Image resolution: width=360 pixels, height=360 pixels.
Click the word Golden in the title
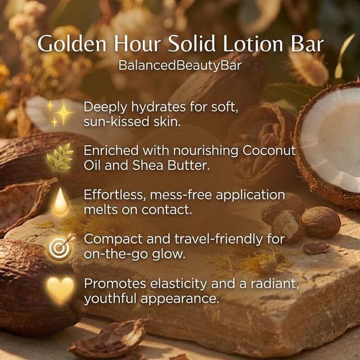pos(72,44)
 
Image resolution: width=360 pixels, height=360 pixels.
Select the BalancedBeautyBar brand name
pos(180,65)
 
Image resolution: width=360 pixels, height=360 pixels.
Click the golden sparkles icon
pos(60,114)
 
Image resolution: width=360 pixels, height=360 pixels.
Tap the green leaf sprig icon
pos(60,157)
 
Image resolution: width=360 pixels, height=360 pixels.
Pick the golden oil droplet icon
pos(61,202)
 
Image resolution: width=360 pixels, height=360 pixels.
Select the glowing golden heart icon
pos(60,290)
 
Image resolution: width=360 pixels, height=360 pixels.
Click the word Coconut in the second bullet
pos(269,151)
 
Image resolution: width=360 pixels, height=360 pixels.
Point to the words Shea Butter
pos(171,165)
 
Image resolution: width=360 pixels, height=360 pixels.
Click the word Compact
pos(113,240)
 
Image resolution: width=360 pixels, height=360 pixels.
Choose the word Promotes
pos(115,283)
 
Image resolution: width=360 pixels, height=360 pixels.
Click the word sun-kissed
pos(116,121)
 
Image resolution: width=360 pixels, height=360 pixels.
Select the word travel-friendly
pos(218,240)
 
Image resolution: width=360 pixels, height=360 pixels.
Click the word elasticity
pos(178,284)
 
